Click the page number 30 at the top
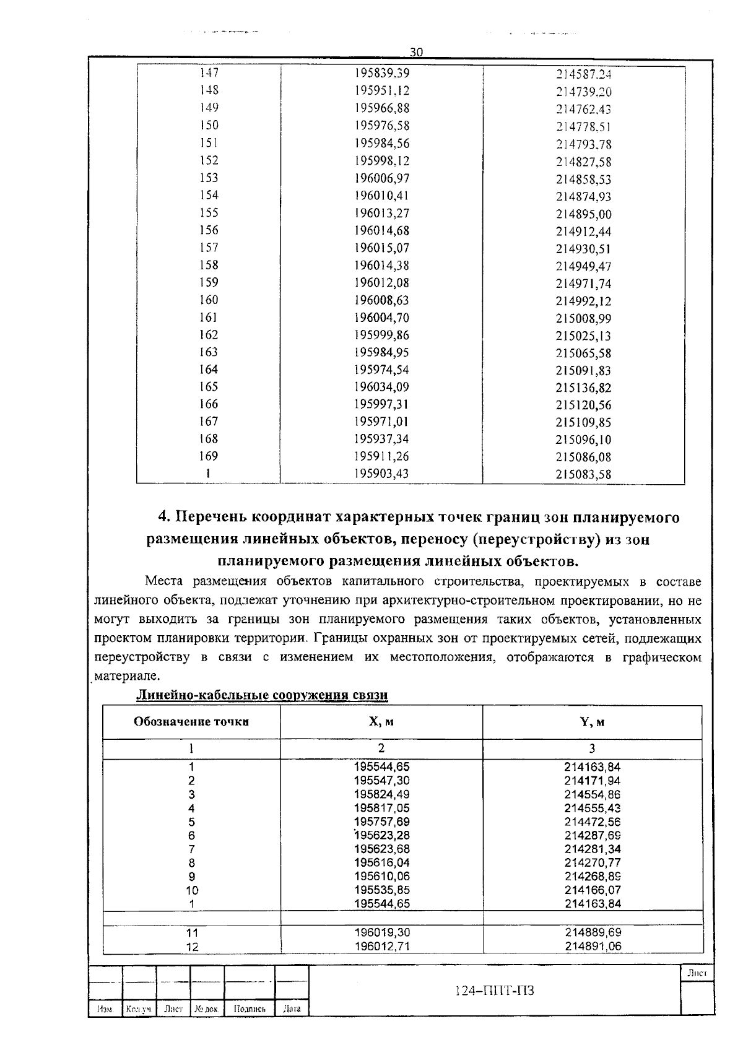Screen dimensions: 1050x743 (x=416, y=53)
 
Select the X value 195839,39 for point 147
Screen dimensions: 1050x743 (x=381, y=73)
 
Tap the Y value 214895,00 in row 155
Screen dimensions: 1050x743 (x=583, y=214)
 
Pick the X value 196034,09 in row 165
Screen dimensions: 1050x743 (x=381, y=388)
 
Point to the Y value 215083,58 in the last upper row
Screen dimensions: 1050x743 (x=583, y=475)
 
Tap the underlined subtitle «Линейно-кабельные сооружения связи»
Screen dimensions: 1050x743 (x=262, y=695)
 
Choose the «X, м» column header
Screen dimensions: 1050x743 (x=381, y=722)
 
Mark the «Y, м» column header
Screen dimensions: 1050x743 (x=592, y=722)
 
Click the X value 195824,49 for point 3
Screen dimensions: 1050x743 (x=381, y=794)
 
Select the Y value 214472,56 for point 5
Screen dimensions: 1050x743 (x=592, y=822)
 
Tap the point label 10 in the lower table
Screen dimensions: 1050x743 (x=192, y=891)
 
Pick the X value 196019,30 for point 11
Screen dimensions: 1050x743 (x=381, y=932)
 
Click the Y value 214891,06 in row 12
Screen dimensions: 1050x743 (x=593, y=946)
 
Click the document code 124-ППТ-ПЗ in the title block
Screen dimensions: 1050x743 (x=494, y=991)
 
